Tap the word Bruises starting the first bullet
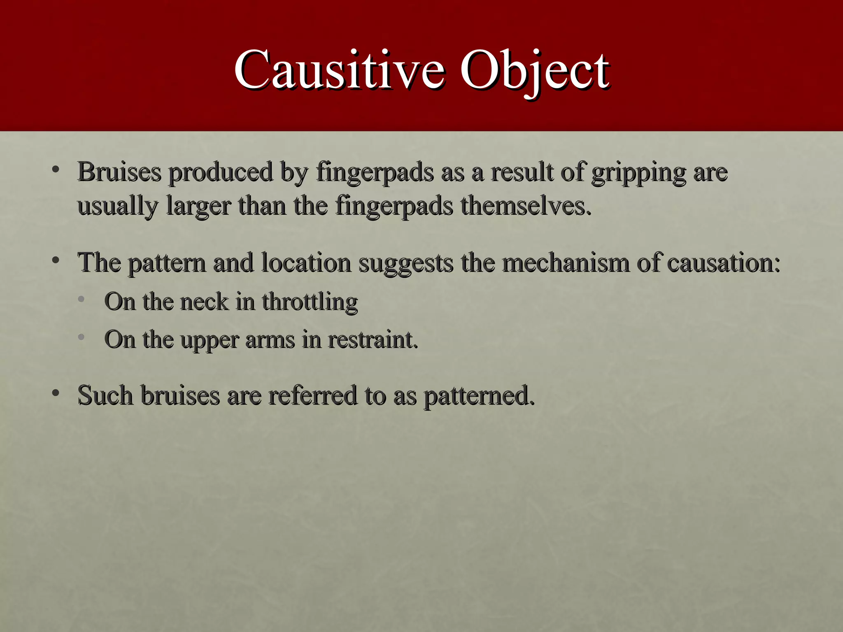click(119, 172)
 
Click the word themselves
click(526, 206)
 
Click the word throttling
click(310, 302)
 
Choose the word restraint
click(373, 340)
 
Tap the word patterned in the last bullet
click(479, 396)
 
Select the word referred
click(313, 395)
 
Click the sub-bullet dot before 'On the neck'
click(82, 299)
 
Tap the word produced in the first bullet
click(221, 172)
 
